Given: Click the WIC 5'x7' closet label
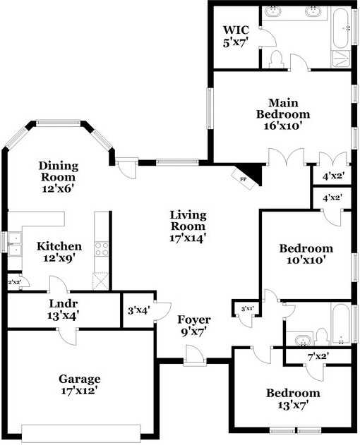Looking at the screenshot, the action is click(236, 36).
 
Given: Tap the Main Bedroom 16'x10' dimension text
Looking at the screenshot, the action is click(282, 126).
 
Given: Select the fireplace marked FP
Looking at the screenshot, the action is click(243, 179).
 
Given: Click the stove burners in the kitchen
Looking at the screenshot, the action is click(102, 249).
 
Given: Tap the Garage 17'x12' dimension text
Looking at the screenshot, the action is click(80, 391).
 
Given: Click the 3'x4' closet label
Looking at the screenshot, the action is click(138, 310).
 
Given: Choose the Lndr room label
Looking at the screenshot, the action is click(63, 303).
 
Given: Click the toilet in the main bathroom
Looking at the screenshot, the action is click(276, 59).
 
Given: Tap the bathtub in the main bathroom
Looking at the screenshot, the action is click(340, 28).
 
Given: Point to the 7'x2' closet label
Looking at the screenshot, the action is click(318, 356).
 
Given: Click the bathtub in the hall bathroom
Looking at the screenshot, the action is click(340, 325).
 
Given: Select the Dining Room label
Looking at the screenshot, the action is click(59, 171).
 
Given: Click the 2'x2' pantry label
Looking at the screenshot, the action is click(13, 282).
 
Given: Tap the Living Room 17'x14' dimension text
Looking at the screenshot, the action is click(188, 238).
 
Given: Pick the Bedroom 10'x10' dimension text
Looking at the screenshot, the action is click(306, 260).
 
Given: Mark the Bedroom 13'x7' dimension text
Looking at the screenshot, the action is click(293, 405).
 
